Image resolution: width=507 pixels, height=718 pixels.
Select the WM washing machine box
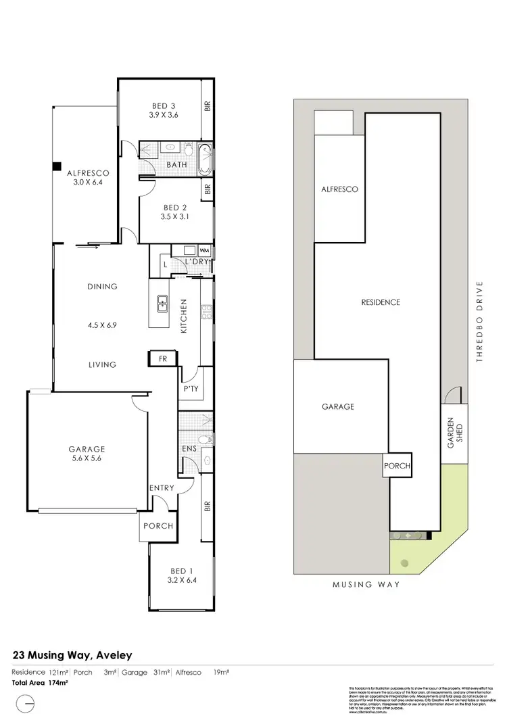(x=205, y=251)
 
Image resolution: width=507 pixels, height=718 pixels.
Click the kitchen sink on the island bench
(x=162, y=304)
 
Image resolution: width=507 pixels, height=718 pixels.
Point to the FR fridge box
(x=162, y=358)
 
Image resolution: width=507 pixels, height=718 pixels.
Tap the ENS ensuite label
(x=189, y=448)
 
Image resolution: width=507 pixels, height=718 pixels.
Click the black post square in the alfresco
(x=57, y=166)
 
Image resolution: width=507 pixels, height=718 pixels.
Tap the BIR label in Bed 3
(x=208, y=107)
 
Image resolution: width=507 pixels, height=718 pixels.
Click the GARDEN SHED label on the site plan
(x=454, y=433)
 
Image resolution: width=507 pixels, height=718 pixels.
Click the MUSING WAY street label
(x=367, y=584)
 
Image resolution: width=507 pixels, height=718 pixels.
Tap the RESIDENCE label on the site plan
(x=380, y=302)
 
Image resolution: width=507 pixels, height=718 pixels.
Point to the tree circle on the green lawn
(x=404, y=563)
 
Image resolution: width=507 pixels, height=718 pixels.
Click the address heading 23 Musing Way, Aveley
(x=73, y=654)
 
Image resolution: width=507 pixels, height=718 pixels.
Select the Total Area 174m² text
(x=41, y=683)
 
